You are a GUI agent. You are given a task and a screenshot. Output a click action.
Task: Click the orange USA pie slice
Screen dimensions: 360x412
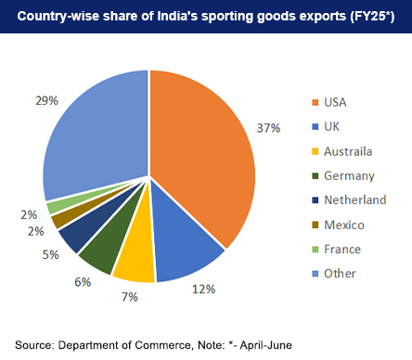tap(204, 158)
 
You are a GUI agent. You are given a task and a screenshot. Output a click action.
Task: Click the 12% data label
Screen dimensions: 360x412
tap(203, 289)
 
